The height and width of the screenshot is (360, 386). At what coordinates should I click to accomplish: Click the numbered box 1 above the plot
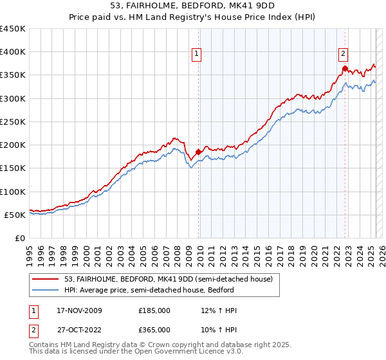pyautogui.click(x=196, y=54)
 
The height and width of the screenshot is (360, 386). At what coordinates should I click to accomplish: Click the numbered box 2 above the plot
pyautogui.click(x=344, y=54)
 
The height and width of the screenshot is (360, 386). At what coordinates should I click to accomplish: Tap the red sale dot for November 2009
pyautogui.click(x=198, y=152)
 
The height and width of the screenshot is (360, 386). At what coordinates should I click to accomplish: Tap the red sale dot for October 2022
pyautogui.click(x=345, y=68)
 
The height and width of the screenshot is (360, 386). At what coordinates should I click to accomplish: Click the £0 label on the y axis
pyautogui.click(x=19, y=238)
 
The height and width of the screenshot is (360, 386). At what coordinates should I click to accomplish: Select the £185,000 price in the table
pyautogui.click(x=154, y=310)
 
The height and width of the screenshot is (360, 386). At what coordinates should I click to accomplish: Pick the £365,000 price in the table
pyautogui.click(x=154, y=329)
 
